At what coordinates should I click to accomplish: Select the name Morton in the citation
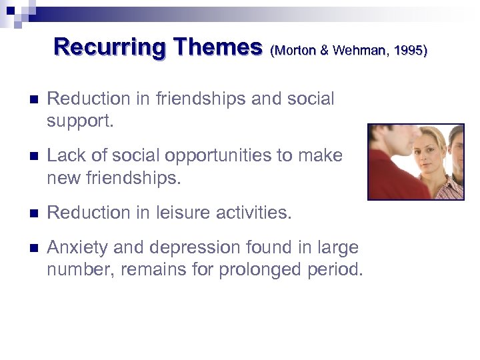(x=298, y=50)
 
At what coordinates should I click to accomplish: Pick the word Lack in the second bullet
(x=64, y=156)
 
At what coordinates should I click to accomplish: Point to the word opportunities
(x=215, y=156)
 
